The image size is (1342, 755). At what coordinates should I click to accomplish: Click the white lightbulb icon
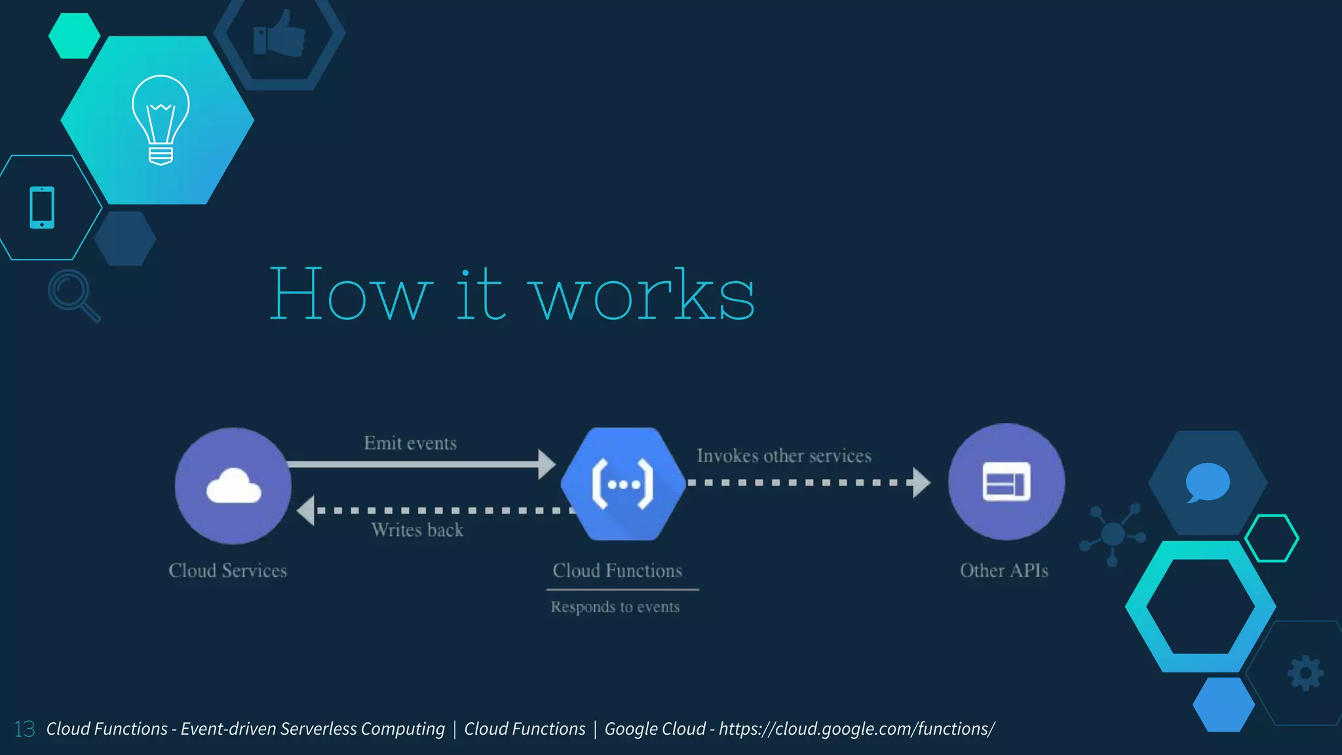click(x=161, y=119)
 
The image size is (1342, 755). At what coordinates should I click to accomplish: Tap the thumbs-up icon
click(x=280, y=34)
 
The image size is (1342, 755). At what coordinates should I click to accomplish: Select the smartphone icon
click(x=42, y=208)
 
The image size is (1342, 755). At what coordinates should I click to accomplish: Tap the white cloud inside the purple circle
click(x=233, y=486)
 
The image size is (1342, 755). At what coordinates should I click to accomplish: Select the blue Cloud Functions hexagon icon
click(x=623, y=484)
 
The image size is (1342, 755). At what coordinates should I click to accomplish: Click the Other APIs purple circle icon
click(x=1006, y=482)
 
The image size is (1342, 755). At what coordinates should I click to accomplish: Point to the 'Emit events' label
click(x=410, y=444)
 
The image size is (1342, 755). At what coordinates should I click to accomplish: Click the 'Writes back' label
click(x=417, y=530)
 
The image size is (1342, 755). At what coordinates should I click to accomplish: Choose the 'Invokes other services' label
click(x=784, y=456)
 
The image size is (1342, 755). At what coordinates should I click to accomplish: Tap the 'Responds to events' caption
click(x=615, y=607)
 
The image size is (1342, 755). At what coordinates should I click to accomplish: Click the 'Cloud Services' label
click(x=227, y=571)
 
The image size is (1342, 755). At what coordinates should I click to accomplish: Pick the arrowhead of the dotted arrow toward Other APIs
click(x=921, y=482)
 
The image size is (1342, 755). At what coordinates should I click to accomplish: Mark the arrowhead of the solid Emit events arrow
click(x=546, y=464)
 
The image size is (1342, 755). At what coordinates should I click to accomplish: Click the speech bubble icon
click(x=1207, y=482)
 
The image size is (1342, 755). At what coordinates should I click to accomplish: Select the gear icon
click(x=1305, y=673)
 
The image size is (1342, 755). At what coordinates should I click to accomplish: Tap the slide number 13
click(x=25, y=729)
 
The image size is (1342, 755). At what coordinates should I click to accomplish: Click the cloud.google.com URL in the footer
click(x=856, y=729)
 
